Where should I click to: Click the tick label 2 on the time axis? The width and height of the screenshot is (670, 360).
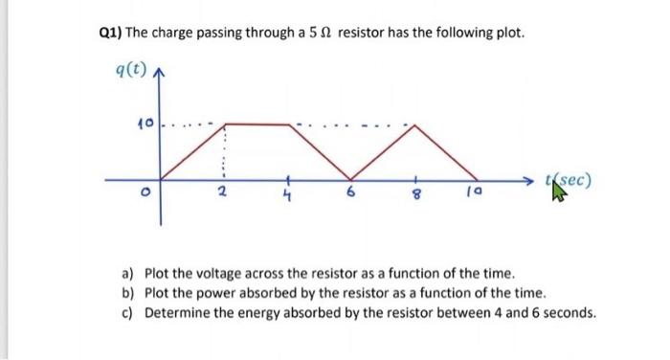click(x=222, y=196)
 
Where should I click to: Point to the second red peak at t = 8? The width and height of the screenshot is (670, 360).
click(x=414, y=125)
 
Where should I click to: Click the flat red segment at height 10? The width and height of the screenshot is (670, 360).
click(x=257, y=124)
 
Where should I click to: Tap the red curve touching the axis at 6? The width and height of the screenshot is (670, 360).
click(x=351, y=178)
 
